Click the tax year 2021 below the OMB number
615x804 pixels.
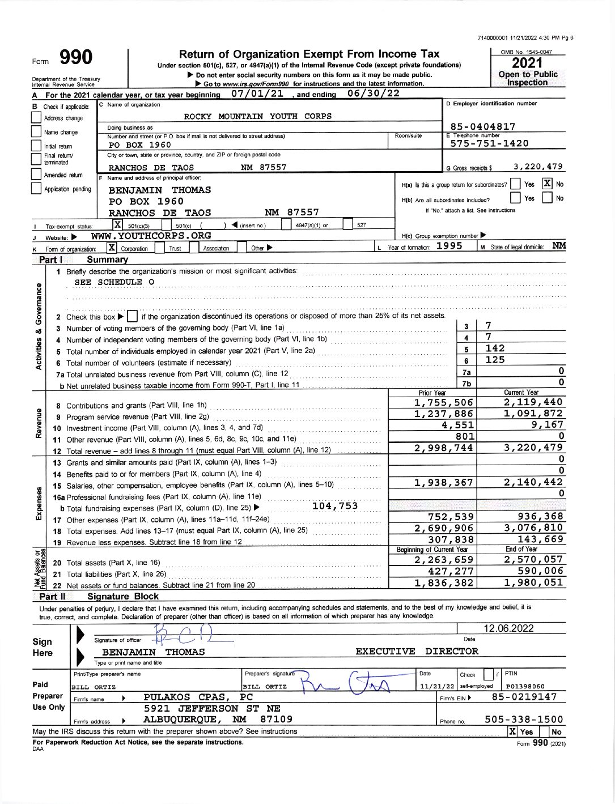coord(528,63)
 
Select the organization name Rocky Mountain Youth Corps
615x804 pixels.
coord(258,116)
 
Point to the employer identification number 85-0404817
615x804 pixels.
coord(482,127)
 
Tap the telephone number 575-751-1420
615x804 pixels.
coord(489,143)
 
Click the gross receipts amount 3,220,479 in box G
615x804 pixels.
coord(538,167)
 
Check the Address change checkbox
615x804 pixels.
coord(36,118)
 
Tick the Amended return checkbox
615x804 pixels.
coord(36,176)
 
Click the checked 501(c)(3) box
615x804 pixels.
coord(118,225)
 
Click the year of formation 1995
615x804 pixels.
coord(449,246)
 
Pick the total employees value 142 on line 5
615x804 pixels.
coord(495,348)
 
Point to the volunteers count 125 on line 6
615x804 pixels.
coord(495,360)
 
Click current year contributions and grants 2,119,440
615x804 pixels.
coord(533,402)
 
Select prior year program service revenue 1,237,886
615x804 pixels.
coord(444,414)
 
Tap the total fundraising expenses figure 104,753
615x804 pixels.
coord(335,506)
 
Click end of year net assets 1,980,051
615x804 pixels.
coord(533,582)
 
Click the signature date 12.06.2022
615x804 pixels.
coord(508,628)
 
